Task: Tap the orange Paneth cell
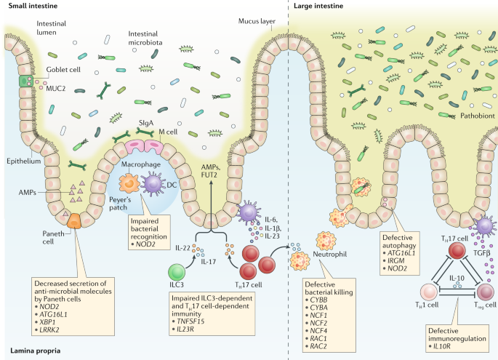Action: [74, 221]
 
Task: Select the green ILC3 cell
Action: [177, 272]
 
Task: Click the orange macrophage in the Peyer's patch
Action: [129, 183]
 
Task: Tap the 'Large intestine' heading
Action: [318, 6]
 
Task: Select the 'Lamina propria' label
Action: [35, 351]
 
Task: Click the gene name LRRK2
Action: [49, 329]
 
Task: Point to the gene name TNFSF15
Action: [190, 321]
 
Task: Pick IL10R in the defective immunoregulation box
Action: [441, 346]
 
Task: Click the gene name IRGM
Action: [396, 260]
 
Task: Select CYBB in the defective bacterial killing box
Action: [319, 300]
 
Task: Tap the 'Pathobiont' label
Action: [478, 116]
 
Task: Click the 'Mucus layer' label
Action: [257, 21]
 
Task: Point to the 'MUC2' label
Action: [55, 88]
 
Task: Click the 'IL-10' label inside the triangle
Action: [457, 278]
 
